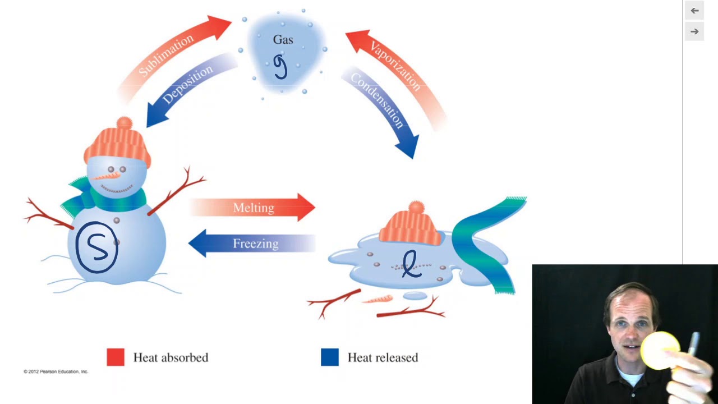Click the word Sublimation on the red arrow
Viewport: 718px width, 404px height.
(166, 56)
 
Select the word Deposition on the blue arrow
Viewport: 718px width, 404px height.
(187, 84)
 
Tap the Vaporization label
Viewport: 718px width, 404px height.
(395, 66)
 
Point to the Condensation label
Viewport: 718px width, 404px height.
(377, 100)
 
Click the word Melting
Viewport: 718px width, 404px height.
(254, 208)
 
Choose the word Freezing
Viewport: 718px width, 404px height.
(255, 244)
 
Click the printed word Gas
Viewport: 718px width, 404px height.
(283, 40)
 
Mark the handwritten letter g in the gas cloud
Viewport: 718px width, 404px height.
(280, 66)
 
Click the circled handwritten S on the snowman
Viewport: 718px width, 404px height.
(96, 247)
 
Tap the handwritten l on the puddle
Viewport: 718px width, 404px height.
(411, 264)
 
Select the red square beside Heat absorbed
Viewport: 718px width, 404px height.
(116, 357)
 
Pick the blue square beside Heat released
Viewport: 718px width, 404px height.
(330, 357)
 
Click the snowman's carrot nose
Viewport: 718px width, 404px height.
(106, 176)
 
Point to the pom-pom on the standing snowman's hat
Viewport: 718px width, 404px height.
(125, 123)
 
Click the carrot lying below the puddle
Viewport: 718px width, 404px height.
(378, 300)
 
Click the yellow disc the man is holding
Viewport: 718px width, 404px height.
(660, 351)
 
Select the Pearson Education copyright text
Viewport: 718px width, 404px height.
(56, 371)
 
